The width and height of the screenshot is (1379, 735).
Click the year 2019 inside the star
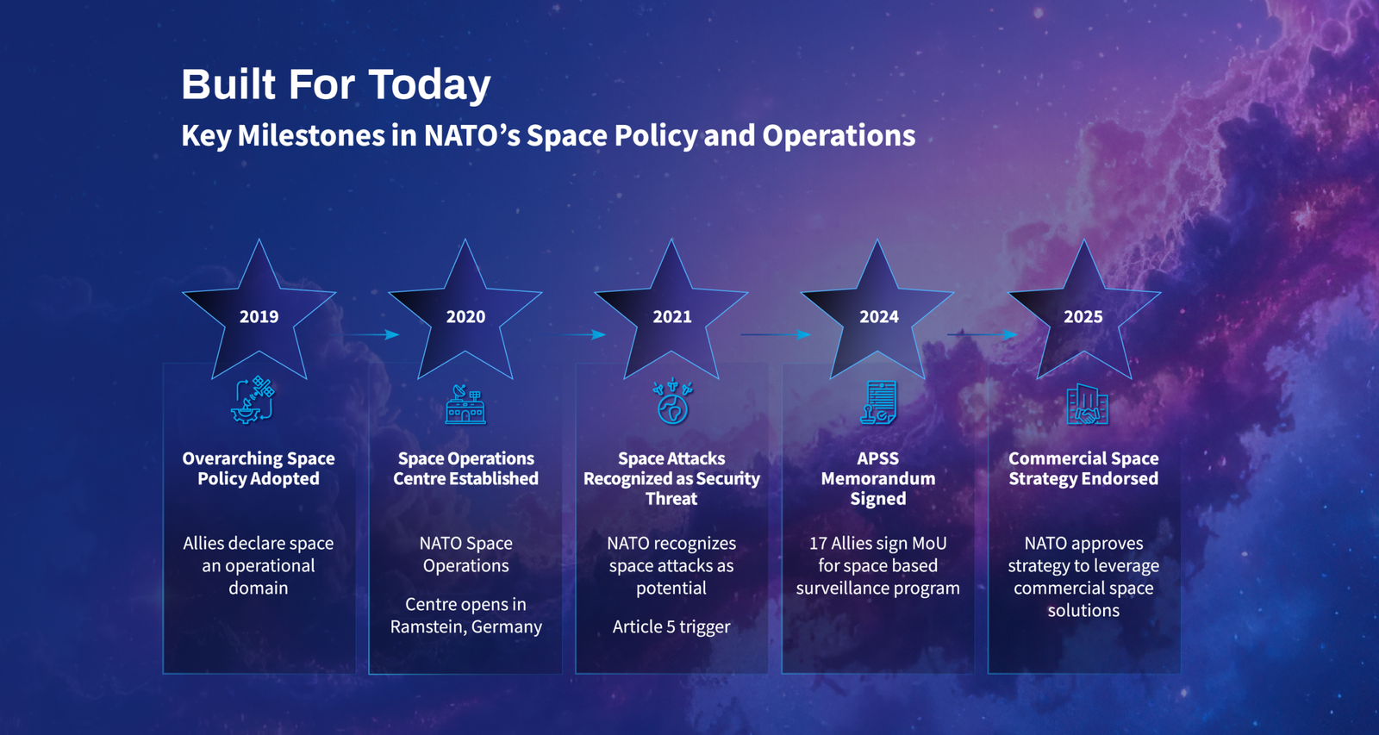pos(259,316)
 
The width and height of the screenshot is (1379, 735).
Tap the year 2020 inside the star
pos(465,316)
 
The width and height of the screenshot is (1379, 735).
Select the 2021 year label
pos(671,316)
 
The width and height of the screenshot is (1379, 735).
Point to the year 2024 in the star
pos(878,316)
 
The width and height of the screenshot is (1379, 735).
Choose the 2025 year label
pos(1083,316)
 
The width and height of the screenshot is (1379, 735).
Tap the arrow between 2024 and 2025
pos(982,334)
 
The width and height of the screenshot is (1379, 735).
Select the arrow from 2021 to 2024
pos(776,334)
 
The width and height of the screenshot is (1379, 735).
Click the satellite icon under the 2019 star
pos(253,400)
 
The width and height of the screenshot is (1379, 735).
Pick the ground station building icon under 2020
pos(465,404)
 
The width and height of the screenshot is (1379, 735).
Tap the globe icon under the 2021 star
pos(672,402)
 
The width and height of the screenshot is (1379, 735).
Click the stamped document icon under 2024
pos(878,402)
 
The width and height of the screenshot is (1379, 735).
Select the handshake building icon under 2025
pos(1087,404)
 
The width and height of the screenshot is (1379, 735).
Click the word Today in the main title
pos(430,85)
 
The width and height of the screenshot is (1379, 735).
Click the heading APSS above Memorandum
pos(878,458)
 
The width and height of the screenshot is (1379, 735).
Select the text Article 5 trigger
pos(671,626)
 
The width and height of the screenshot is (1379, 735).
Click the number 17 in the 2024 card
pos(818,544)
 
